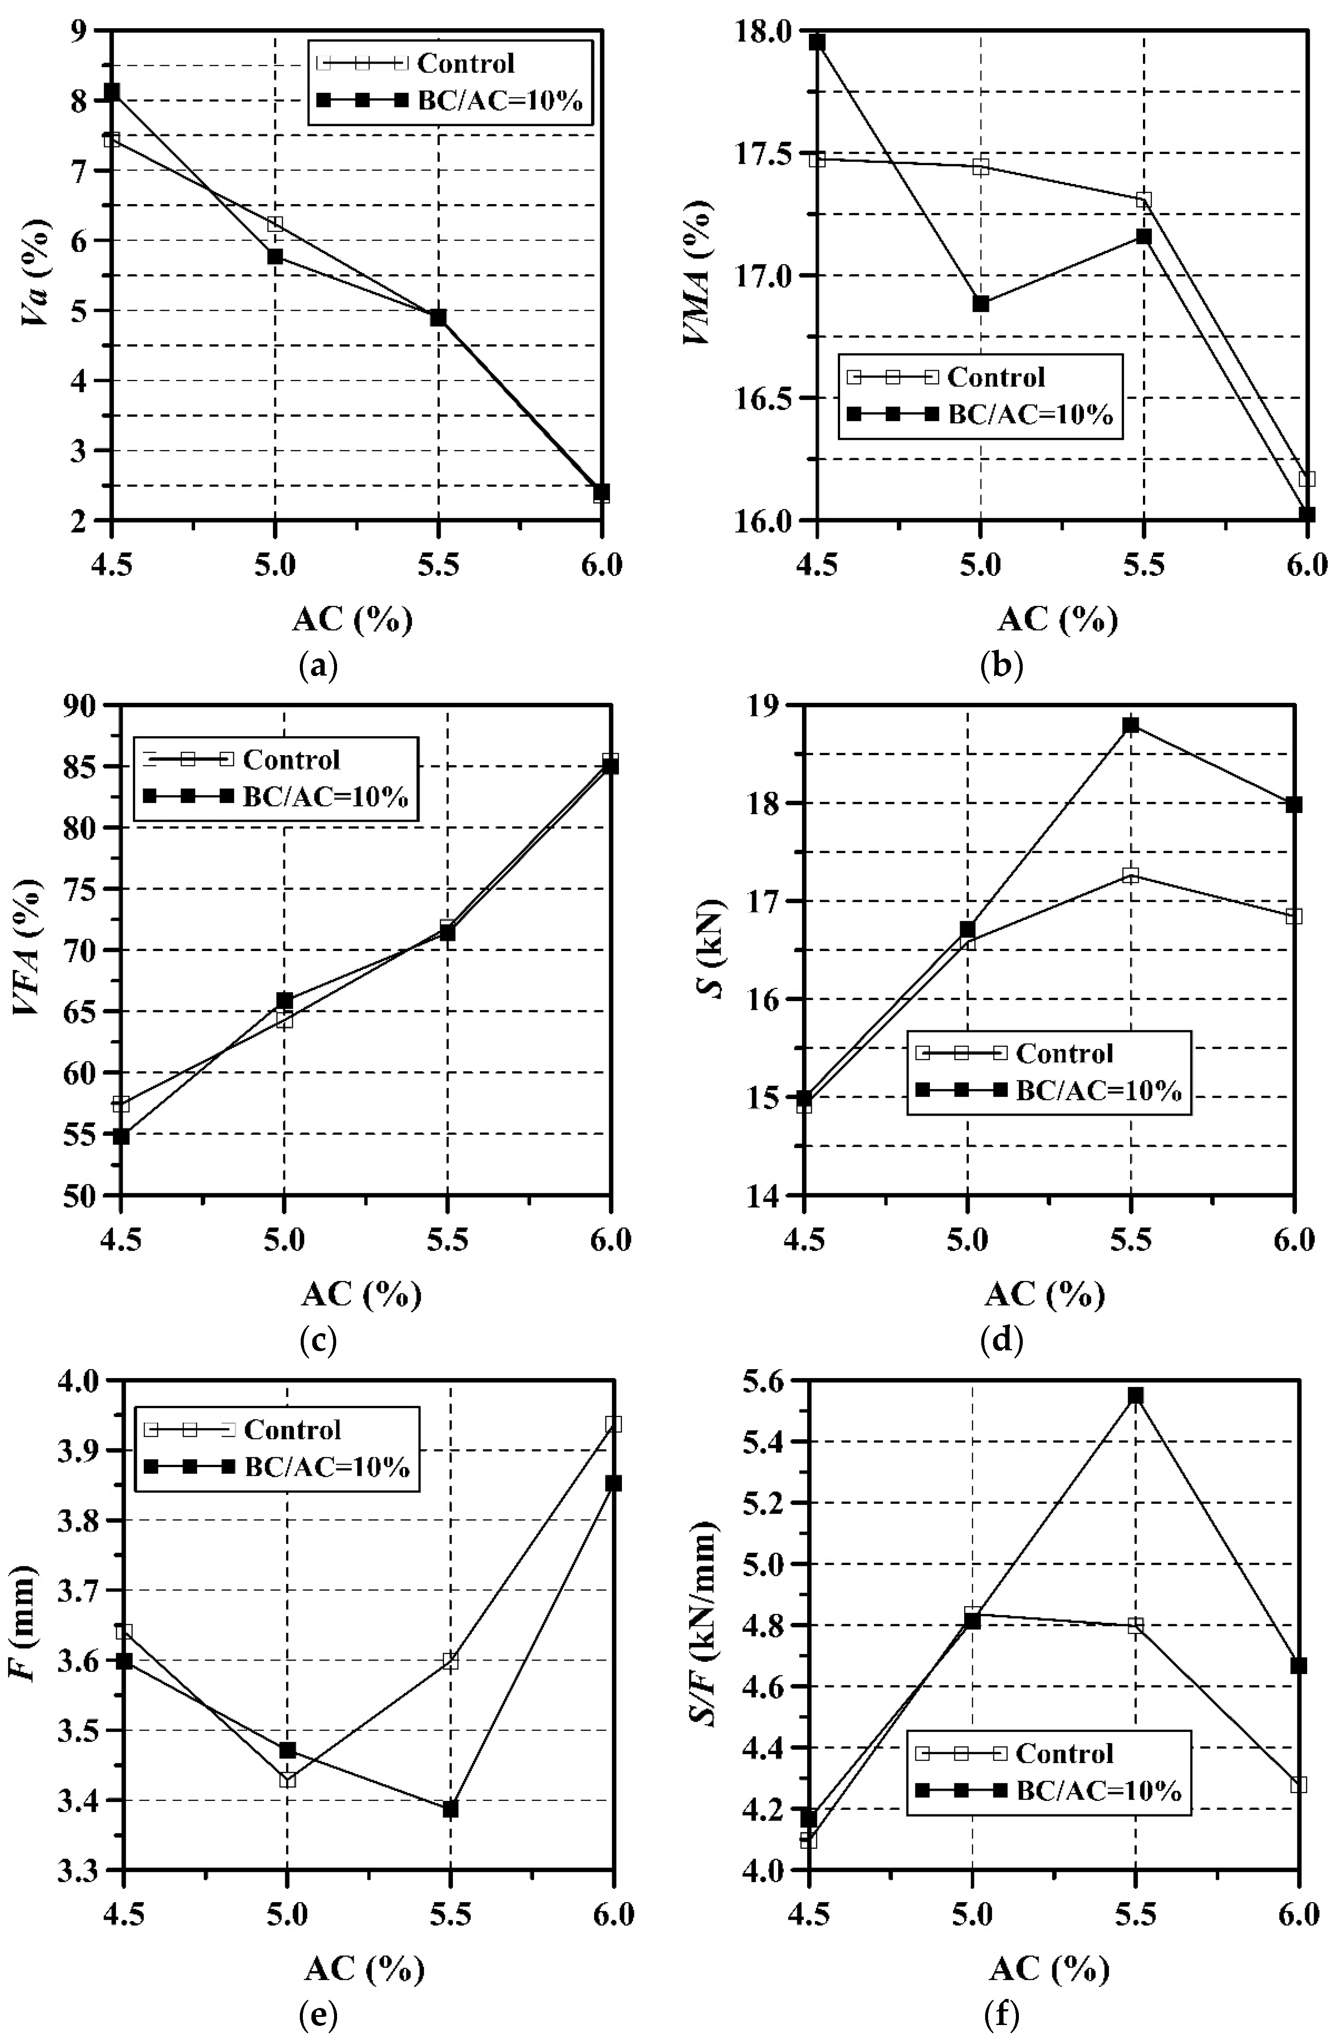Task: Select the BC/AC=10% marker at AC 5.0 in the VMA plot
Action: click(x=980, y=303)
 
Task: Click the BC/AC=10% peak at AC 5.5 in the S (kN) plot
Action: click(x=1130, y=725)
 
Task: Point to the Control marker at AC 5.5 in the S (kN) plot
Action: click(x=1130, y=875)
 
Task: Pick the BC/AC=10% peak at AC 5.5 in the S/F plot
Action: click(x=1135, y=1395)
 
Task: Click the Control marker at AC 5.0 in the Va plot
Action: click(x=274, y=225)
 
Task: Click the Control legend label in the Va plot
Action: click(x=465, y=63)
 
